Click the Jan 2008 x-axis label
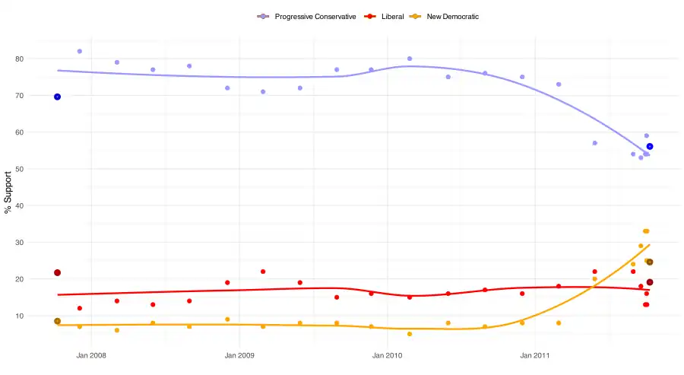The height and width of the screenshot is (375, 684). point(91,354)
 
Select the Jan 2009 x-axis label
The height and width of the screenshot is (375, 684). point(239,354)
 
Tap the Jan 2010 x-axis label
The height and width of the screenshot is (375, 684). point(388,354)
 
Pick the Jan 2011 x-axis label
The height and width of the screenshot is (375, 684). point(536,354)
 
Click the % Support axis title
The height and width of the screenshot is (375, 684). point(9,192)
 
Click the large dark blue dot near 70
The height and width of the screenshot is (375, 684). point(57,97)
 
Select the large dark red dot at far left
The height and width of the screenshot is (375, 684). point(57,272)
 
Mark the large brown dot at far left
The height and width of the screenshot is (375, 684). point(57,321)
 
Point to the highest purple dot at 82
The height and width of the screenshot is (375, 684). point(80,51)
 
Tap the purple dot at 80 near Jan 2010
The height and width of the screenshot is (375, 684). point(410,59)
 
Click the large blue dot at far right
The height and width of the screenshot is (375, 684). point(650,146)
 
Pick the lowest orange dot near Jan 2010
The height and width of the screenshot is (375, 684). point(410,334)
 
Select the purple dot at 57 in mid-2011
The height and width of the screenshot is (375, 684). point(594,143)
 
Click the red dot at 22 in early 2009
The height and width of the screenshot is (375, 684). point(263,272)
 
